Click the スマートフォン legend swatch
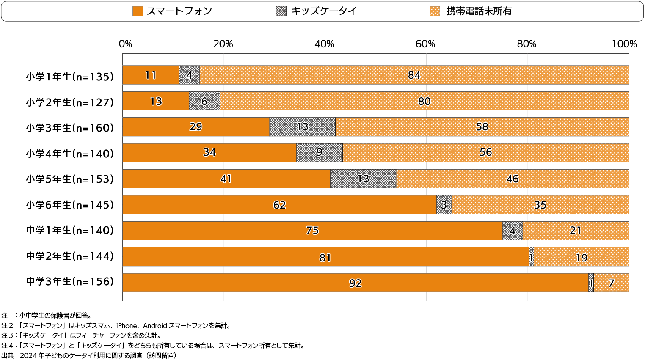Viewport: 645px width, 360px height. pyautogui.click(x=138, y=11)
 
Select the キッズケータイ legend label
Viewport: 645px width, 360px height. pyautogui.click(x=324, y=11)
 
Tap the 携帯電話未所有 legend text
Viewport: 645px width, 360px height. pyautogui.click(x=479, y=11)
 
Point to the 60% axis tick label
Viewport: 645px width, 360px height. pyautogui.click(x=425, y=44)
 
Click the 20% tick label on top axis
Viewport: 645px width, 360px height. pyautogui.click(x=223, y=44)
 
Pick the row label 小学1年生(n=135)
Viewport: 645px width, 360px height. pyautogui.click(x=70, y=77)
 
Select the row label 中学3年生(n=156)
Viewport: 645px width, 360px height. pyautogui.click(x=70, y=282)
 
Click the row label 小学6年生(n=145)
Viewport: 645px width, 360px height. pyautogui.click(x=70, y=205)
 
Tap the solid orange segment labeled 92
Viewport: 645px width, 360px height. pyautogui.click(x=355, y=283)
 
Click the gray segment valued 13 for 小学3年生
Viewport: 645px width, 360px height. pyautogui.click(x=302, y=127)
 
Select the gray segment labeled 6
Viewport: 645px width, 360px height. pyautogui.click(x=204, y=101)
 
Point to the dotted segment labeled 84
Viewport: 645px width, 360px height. pyautogui.click(x=414, y=75)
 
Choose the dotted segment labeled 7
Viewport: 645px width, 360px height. pyautogui.click(x=611, y=283)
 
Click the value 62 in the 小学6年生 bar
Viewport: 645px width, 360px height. pyautogui.click(x=279, y=205)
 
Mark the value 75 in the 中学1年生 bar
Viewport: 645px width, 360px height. pyautogui.click(x=312, y=231)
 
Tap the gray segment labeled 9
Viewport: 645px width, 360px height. pyautogui.click(x=320, y=153)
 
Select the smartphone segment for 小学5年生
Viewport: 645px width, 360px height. pyautogui.click(x=226, y=179)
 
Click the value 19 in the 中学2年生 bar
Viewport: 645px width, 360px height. pyautogui.click(x=582, y=258)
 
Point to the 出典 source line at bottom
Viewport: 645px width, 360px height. pyautogui.click(x=88, y=355)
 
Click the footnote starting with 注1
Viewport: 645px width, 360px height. pyautogui.click(x=47, y=316)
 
